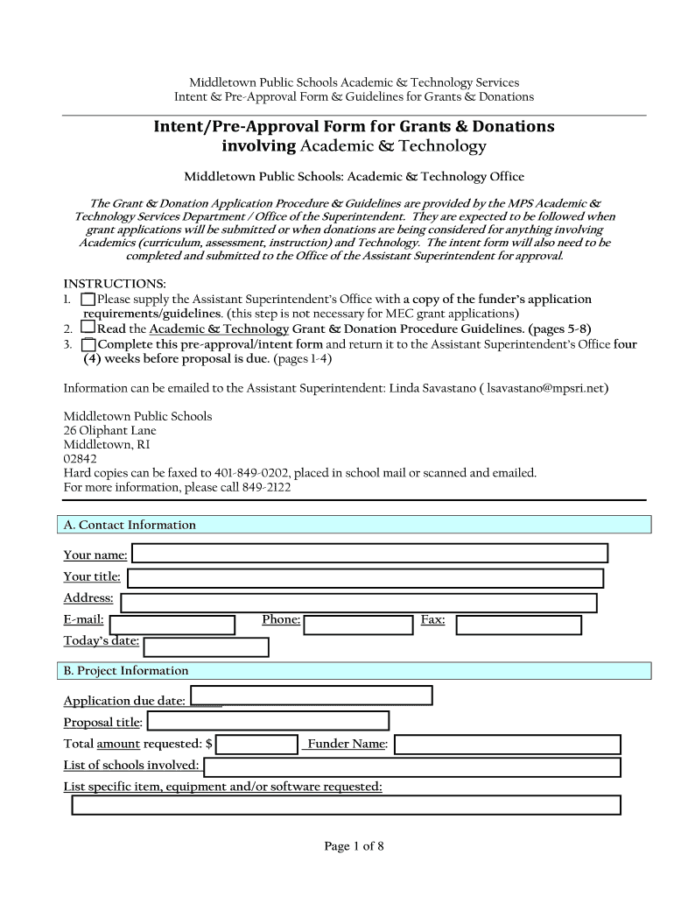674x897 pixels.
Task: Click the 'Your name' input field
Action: pyautogui.click(x=369, y=554)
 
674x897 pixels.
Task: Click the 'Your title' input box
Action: pyautogui.click(x=365, y=578)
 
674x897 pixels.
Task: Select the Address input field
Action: pyautogui.click(x=359, y=603)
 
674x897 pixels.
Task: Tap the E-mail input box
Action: pyautogui.click(x=172, y=625)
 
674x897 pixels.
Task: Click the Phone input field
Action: pyautogui.click(x=358, y=625)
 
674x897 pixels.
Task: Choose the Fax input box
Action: pyautogui.click(x=518, y=625)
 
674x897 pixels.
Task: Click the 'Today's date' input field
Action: pyautogui.click(x=206, y=647)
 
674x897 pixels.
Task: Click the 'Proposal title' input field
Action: pyautogui.click(x=268, y=721)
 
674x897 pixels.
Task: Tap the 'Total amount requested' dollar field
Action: pyautogui.click(x=257, y=745)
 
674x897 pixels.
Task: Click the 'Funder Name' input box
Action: pyautogui.click(x=508, y=745)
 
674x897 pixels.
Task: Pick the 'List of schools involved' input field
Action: pyautogui.click(x=411, y=767)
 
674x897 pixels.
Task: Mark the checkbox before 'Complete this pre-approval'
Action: pyautogui.click(x=88, y=345)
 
